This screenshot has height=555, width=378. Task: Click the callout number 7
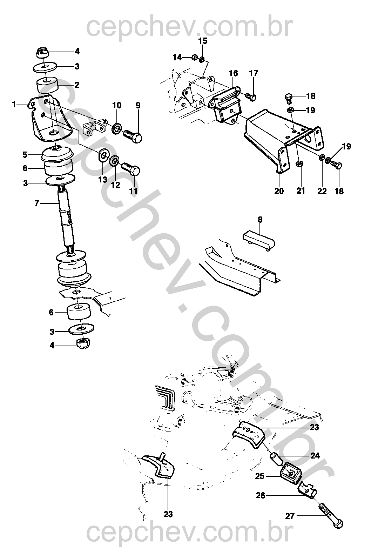click(36, 203)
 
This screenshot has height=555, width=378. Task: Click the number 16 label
click(233, 73)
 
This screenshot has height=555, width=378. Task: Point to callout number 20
click(279, 191)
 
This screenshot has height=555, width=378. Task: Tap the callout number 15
click(203, 41)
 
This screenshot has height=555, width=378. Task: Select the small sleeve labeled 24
click(276, 460)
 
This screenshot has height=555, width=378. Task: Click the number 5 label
click(25, 154)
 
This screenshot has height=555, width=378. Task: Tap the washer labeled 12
click(114, 161)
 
